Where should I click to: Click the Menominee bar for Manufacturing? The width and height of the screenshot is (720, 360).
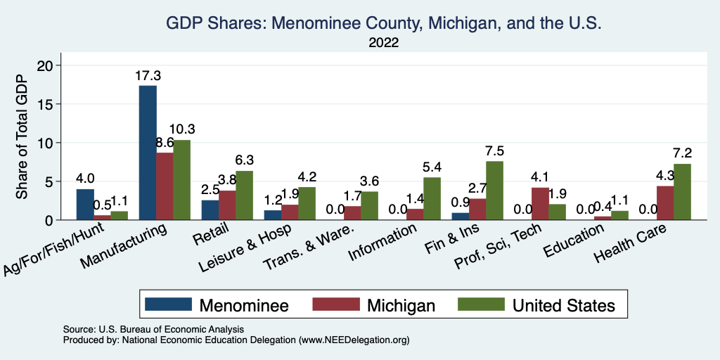point(148,153)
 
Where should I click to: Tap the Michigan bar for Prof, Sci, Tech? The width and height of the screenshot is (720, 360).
point(539,204)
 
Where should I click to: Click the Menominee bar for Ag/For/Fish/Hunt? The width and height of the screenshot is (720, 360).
point(85,205)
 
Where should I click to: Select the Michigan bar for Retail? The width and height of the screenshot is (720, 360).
point(227,205)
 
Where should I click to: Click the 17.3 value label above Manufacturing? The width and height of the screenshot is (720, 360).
point(148,75)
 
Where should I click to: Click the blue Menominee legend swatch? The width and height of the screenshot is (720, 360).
point(168,304)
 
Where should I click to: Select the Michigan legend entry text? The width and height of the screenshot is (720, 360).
point(401,304)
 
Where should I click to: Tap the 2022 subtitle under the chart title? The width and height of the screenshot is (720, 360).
point(384,43)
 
